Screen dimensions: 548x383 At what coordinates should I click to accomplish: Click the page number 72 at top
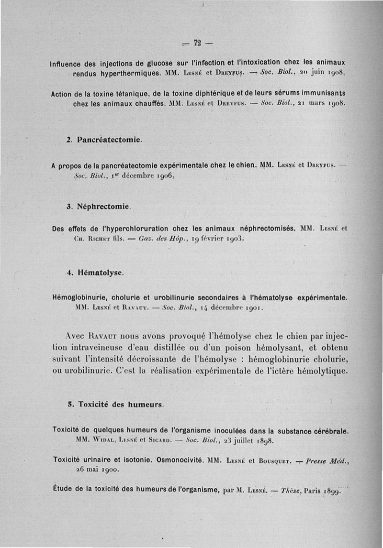point(197,44)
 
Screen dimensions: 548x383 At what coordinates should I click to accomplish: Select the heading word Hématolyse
point(102,273)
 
